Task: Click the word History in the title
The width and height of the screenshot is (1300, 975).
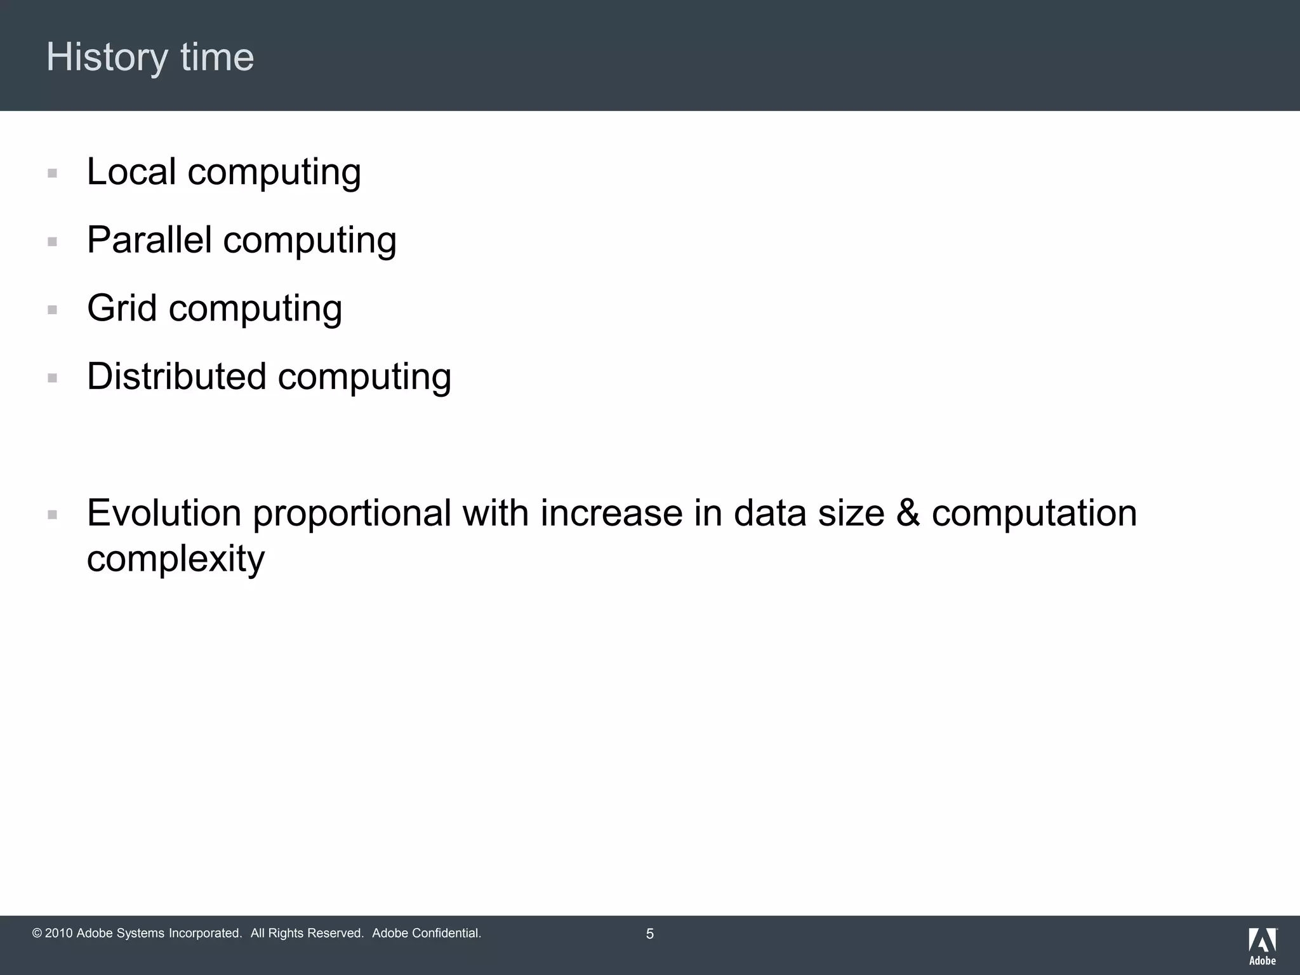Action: [106, 58]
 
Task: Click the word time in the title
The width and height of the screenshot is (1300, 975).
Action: [217, 58]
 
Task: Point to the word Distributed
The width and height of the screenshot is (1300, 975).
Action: [176, 376]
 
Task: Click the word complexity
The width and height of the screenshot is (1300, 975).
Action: [175, 560]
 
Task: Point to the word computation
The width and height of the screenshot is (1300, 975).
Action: [1034, 514]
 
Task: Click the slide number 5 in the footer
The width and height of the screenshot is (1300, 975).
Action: [649, 934]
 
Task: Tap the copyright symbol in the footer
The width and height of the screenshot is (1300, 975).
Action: [37, 934]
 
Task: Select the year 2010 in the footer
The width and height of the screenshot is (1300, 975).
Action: [59, 934]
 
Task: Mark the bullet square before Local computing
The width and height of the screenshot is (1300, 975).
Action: [53, 173]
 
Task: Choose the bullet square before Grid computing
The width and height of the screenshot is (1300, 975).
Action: [53, 310]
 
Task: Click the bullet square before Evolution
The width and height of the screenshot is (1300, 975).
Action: [53, 515]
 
